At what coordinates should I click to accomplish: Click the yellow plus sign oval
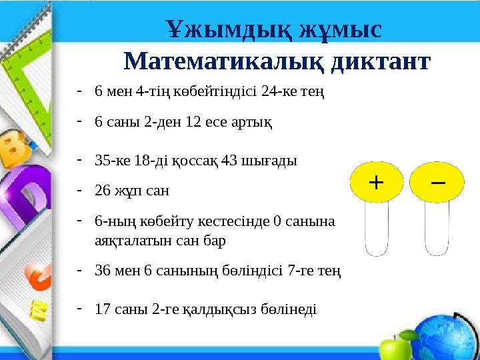click(x=377, y=182)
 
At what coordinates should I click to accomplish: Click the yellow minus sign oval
click(x=437, y=182)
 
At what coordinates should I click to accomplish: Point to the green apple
click(x=391, y=347)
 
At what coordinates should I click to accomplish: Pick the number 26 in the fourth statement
click(x=103, y=191)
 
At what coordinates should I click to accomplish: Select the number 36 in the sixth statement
click(x=103, y=271)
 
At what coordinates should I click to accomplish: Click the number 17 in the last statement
click(x=103, y=309)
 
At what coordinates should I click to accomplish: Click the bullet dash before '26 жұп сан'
click(x=79, y=190)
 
